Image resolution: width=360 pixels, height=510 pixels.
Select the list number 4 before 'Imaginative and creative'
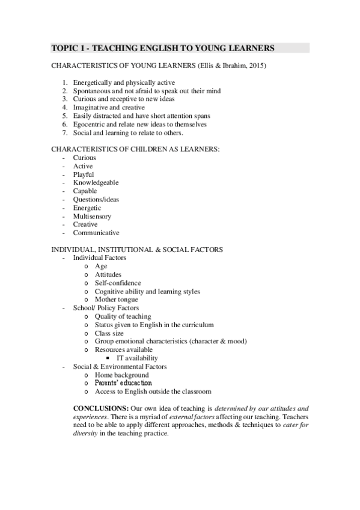[x=65, y=108]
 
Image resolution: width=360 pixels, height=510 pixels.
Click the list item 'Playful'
[x=84, y=174]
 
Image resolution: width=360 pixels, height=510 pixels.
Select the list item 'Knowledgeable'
[x=96, y=183]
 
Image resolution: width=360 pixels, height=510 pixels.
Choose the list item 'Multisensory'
[x=92, y=216]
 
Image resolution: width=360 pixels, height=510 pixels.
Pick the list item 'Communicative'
[x=96, y=233]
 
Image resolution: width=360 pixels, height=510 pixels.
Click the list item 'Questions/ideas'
[x=96, y=199]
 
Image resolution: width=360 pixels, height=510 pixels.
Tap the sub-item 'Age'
[x=101, y=266]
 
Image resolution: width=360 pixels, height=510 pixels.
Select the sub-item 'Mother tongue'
[x=116, y=300]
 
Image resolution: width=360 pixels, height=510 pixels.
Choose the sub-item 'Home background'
[x=121, y=375]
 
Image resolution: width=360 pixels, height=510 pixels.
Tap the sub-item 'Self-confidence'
[x=118, y=283]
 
